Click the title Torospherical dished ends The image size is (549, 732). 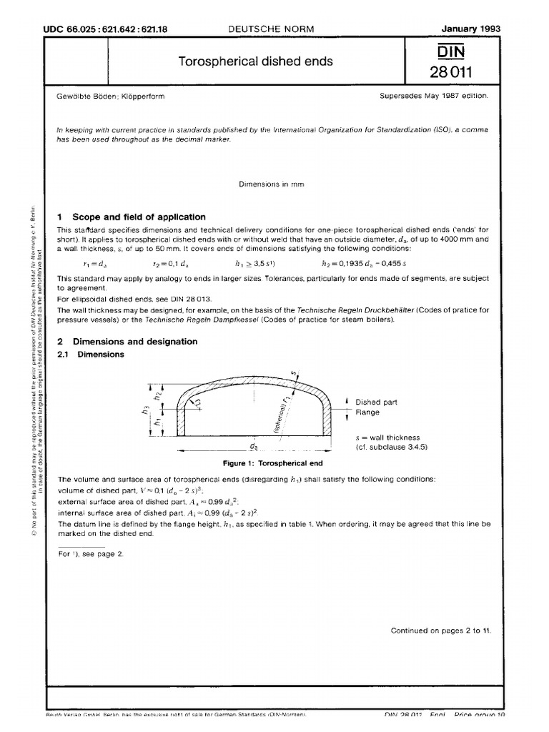255,61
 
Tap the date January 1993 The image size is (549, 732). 471,29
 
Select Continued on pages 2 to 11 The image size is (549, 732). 440,630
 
